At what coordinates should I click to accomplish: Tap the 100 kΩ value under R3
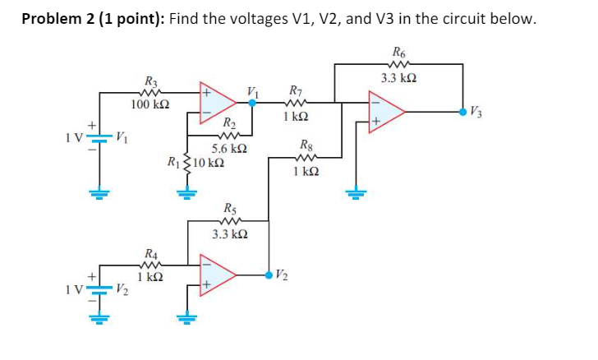[x=150, y=104]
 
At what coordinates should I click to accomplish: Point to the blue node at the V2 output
[x=270, y=274]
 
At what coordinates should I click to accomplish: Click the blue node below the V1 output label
[x=253, y=104]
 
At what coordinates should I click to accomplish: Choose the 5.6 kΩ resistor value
[x=229, y=149]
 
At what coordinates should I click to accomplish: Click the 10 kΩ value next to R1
[x=202, y=160]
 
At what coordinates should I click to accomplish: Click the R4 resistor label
[x=151, y=252]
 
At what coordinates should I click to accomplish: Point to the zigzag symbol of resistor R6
[x=399, y=63]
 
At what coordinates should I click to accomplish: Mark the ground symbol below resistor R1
[x=186, y=194]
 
